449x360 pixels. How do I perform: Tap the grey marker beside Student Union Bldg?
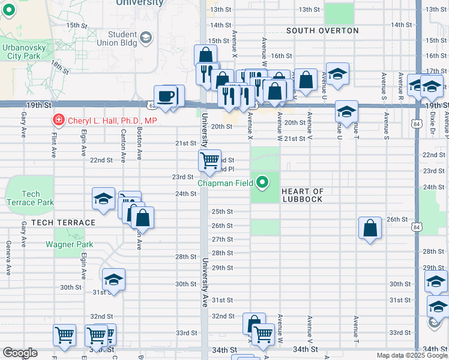pos(145,39)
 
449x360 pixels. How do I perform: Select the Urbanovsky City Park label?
pos(21,52)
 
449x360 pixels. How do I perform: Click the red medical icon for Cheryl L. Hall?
pos(58,121)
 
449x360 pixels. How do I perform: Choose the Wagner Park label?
pos(69,244)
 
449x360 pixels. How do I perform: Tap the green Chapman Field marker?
pos(262,182)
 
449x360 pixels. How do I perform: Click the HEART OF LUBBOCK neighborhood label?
pos(303,196)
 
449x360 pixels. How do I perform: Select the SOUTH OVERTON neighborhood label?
pos(322,31)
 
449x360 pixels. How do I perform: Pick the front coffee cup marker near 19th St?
pos(166,96)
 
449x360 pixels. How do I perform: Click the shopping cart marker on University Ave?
pos(209,161)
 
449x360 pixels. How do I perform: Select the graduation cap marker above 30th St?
pos(113,280)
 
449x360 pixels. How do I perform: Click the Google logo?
pos(20,353)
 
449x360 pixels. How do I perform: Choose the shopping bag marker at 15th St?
pos(206,56)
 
